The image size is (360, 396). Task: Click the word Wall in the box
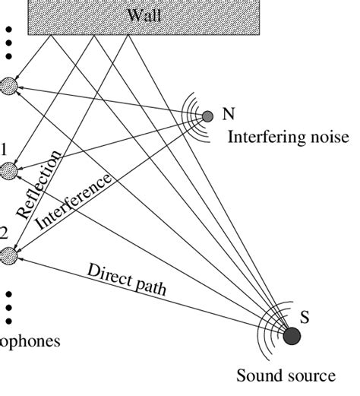click(x=144, y=15)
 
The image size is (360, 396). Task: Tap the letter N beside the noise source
click(x=229, y=115)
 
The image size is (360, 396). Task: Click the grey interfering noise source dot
click(x=207, y=116)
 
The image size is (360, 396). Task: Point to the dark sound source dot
click(x=292, y=335)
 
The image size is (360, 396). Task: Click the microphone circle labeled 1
click(x=8, y=172)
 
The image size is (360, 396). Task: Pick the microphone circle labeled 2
click(x=8, y=256)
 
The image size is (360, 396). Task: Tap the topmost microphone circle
click(x=8, y=86)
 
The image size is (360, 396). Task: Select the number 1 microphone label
click(x=4, y=150)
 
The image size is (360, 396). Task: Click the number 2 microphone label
click(x=4, y=233)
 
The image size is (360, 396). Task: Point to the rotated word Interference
click(x=75, y=201)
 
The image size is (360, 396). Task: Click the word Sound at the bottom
click(x=257, y=375)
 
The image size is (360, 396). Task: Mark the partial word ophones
click(x=30, y=341)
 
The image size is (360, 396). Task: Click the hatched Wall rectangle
click(x=76, y=19)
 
